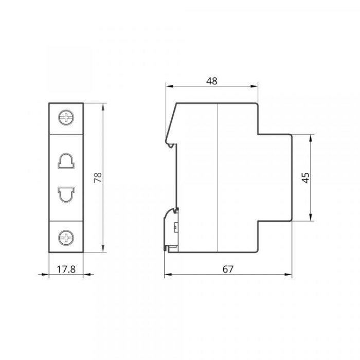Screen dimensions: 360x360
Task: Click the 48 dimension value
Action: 211,81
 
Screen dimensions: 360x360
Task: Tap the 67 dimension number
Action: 228,269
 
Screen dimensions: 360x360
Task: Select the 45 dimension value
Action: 305,178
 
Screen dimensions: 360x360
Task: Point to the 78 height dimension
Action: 98,177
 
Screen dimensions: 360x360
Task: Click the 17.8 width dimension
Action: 66,269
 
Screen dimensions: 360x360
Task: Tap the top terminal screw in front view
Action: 66,118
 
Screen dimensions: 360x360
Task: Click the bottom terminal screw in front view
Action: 66,238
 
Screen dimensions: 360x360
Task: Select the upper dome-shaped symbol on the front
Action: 66,160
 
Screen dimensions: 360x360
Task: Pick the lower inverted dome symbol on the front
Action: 66,194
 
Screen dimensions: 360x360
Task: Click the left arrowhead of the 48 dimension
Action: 169,86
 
